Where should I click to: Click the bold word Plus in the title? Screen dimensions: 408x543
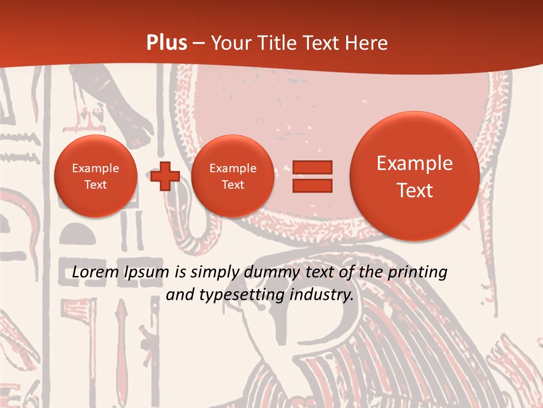coord(166,43)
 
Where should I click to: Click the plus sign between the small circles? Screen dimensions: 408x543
coord(165,176)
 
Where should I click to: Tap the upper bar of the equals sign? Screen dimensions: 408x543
coord(312,168)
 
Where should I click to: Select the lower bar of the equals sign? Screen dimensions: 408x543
coord(312,186)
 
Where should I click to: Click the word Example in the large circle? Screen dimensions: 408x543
coord(415,163)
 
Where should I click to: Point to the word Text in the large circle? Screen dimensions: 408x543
coord(415,190)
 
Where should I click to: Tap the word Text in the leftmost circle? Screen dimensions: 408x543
coord(96,185)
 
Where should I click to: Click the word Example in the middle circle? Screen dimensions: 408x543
coord(232,168)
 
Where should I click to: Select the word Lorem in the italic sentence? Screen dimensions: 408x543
coord(96,273)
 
